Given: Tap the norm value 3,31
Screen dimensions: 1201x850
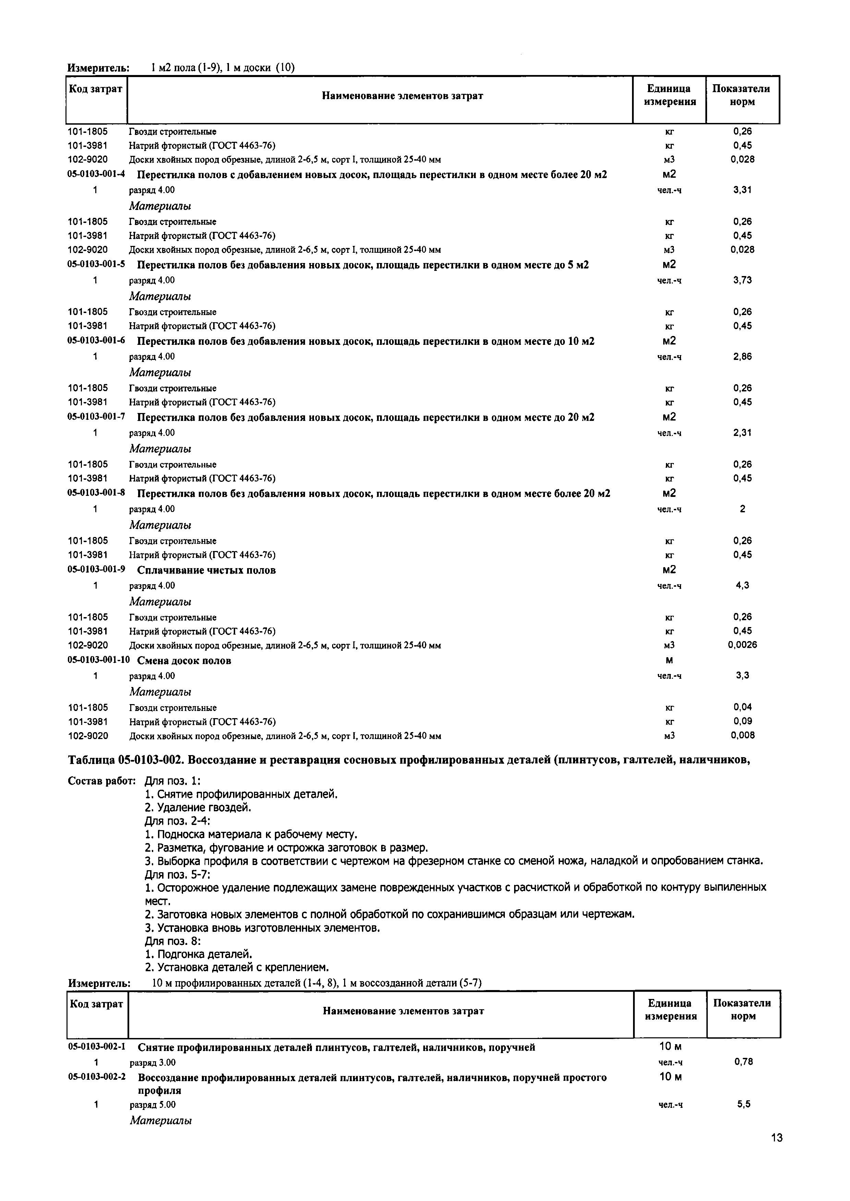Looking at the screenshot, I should point(742,190).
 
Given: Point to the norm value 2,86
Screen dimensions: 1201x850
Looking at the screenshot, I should point(742,357).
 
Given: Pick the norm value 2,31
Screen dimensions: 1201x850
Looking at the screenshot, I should point(742,433).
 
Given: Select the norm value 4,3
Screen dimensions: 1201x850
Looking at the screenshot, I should point(742,585).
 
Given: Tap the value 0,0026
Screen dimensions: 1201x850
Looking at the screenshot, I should point(742,645).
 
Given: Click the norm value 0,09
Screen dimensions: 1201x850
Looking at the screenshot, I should point(742,721).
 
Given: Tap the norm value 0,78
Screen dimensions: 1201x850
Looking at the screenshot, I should point(743,1062).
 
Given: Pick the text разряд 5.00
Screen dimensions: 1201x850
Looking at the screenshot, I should point(152,1105).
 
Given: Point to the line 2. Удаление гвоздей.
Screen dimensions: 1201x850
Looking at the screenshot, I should point(198,808).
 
